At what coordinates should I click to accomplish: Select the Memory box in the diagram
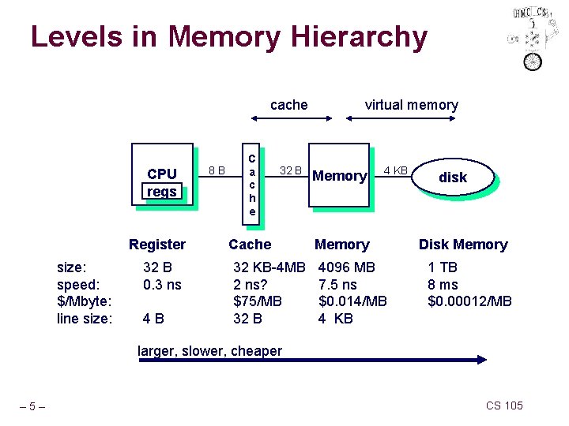pyautogui.click(x=340, y=177)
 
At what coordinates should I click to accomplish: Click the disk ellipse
pyautogui.click(x=453, y=177)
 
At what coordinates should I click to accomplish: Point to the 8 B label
pyautogui.click(x=216, y=170)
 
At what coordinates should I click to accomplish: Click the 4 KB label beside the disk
pyautogui.click(x=395, y=170)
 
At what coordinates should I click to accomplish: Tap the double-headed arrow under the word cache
pyautogui.click(x=291, y=120)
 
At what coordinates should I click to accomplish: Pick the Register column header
pyautogui.click(x=157, y=245)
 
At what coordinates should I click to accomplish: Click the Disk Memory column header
pyautogui.click(x=463, y=245)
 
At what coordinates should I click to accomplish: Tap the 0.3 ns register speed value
pyautogui.click(x=162, y=284)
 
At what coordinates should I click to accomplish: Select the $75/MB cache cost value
pyautogui.click(x=258, y=301)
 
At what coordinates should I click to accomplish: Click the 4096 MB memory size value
pyautogui.click(x=347, y=267)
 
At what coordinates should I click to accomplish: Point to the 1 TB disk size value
pyautogui.click(x=443, y=267)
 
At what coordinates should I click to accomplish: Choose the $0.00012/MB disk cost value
pyautogui.click(x=469, y=301)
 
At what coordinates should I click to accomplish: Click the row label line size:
pyautogui.click(x=85, y=319)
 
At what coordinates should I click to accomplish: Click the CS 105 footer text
pyautogui.click(x=504, y=405)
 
